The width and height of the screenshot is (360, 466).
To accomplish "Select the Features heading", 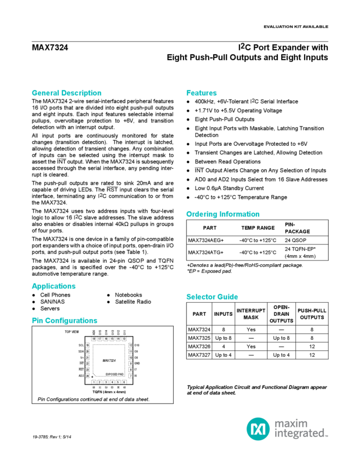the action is [202, 93].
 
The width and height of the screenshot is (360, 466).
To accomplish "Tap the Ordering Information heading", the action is [222, 214].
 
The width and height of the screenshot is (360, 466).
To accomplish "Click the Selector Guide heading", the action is [212, 297].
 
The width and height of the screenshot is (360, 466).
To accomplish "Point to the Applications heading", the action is [53, 286].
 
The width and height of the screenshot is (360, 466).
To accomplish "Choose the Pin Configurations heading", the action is [64, 320].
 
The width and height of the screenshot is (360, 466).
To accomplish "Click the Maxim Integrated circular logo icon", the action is [256, 428].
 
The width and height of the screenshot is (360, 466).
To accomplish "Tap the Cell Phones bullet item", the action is [55, 294].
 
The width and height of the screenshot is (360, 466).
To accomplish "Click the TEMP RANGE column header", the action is [258, 227].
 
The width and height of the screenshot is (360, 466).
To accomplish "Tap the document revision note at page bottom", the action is [53, 435].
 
